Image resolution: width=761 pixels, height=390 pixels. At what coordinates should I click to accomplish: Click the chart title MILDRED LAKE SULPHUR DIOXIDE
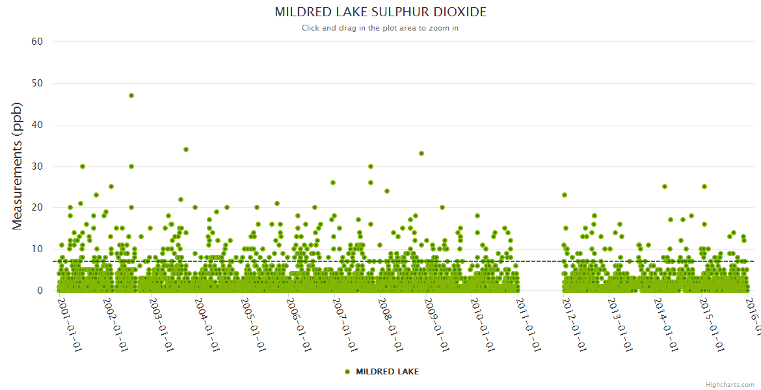tap(380, 12)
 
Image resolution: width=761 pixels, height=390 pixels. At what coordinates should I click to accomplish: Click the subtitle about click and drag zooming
tap(380, 28)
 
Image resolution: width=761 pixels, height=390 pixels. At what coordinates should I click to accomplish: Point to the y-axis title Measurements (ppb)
tap(18, 166)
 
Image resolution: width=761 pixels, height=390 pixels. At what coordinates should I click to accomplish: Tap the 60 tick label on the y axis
tap(37, 42)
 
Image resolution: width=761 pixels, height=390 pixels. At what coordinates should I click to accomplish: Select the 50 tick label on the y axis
tap(37, 83)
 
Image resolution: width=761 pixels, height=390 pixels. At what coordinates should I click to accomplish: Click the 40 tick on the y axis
tap(37, 125)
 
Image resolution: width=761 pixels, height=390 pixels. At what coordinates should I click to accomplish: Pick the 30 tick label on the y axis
tap(37, 166)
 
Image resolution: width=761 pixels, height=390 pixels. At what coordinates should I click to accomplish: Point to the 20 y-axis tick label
tap(37, 207)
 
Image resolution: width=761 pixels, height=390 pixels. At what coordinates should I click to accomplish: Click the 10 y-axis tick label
tap(37, 249)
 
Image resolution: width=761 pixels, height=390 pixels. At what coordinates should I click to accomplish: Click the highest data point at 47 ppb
tap(131, 96)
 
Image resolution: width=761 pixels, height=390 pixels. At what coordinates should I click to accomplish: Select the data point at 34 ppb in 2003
tap(186, 149)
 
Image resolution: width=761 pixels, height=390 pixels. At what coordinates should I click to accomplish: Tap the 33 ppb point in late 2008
tap(421, 153)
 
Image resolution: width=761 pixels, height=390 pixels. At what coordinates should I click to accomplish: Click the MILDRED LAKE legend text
tap(387, 372)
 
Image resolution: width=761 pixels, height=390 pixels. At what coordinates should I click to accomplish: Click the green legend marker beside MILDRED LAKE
tap(347, 372)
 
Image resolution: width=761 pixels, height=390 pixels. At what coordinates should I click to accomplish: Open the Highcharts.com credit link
tap(730, 385)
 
